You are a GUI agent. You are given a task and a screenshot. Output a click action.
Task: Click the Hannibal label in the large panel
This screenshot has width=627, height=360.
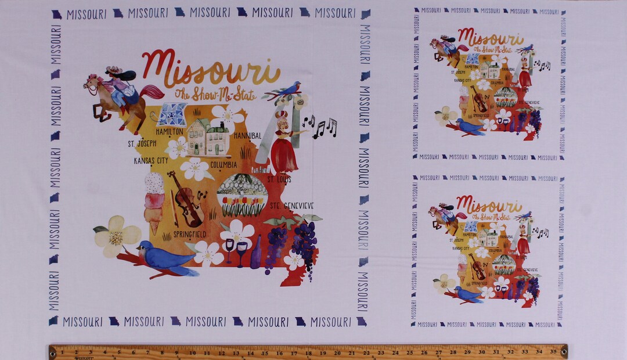(x=247, y=135)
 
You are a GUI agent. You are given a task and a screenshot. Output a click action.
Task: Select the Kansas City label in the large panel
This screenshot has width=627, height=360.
(x=151, y=160)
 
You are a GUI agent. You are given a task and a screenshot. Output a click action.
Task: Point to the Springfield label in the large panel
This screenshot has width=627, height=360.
(x=189, y=234)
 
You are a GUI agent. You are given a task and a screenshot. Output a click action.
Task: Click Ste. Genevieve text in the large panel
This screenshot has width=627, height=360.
(x=291, y=206)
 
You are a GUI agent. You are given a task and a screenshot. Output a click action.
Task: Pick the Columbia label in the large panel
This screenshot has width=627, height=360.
(x=224, y=164)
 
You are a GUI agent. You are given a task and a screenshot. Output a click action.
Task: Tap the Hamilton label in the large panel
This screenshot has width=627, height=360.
(x=170, y=132)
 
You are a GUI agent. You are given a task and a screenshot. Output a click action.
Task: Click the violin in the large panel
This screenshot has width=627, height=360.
(x=187, y=199)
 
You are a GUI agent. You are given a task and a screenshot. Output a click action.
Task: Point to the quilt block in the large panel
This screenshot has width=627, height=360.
(x=172, y=115)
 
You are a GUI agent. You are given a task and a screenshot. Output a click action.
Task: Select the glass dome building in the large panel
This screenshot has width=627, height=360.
(x=242, y=194)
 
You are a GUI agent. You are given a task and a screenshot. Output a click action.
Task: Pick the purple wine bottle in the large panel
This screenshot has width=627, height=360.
(x=256, y=255)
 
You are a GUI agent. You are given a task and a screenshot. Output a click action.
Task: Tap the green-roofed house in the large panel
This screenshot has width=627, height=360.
(x=208, y=137)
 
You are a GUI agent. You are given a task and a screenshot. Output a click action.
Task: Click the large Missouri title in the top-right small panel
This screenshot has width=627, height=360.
(x=491, y=38)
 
